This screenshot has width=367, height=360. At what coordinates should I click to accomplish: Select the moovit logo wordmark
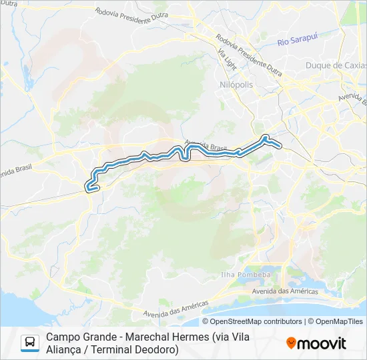[322, 343]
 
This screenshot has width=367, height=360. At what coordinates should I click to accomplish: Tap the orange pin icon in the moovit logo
[291, 343]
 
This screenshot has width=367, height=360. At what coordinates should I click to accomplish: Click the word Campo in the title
[63, 337]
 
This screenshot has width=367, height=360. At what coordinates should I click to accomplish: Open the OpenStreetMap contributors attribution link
[247, 321]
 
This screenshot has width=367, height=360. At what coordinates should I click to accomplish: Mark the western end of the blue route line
[87, 189]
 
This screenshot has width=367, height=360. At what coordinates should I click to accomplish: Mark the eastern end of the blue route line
[281, 145]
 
